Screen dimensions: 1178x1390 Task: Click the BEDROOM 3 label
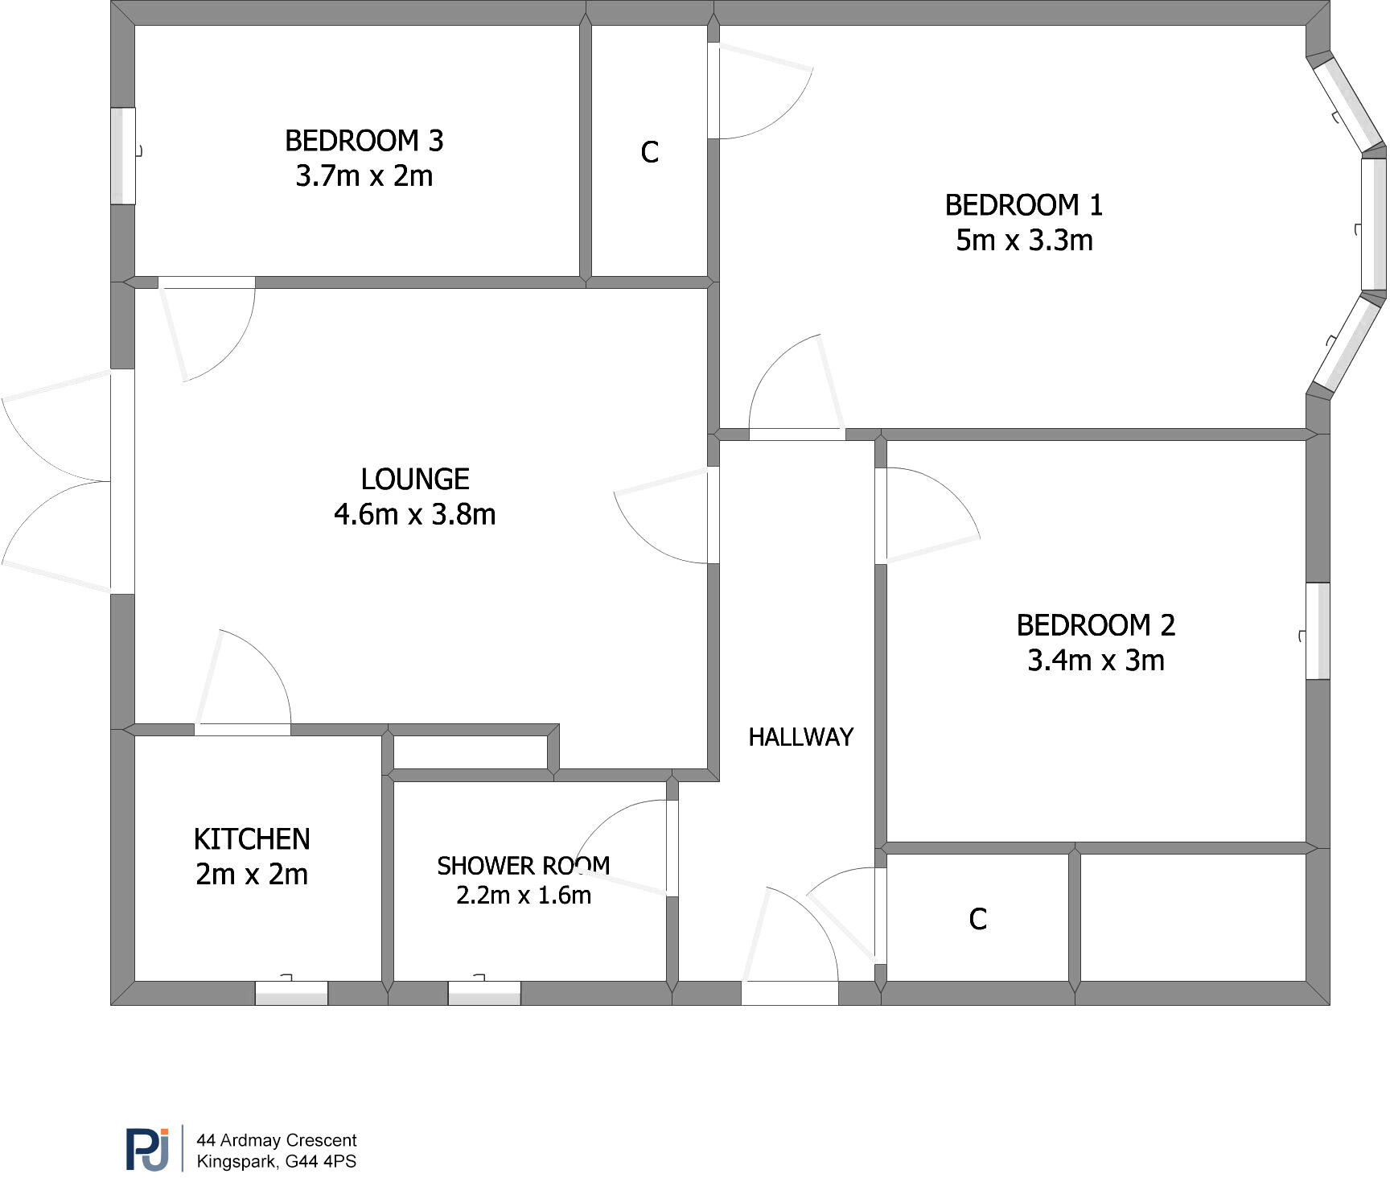pyautogui.click(x=364, y=141)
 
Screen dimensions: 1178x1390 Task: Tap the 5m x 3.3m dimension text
pyautogui.click(x=1023, y=241)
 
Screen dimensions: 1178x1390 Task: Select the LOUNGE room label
pyautogui.click(x=414, y=480)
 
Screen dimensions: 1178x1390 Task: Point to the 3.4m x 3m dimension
pyautogui.click(x=1096, y=661)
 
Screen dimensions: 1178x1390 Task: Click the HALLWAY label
pyautogui.click(x=800, y=737)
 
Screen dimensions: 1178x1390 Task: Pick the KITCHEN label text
pyautogui.click(x=252, y=839)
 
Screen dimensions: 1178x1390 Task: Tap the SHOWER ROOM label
pyautogui.click(x=523, y=866)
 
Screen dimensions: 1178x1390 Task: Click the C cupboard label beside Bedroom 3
pyautogui.click(x=649, y=152)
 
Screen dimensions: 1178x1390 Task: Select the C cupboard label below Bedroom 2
pyautogui.click(x=977, y=919)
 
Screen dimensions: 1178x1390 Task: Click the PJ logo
pyautogui.click(x=147, y=1150)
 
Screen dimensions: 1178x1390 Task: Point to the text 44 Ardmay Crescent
pyautogui.click(x=277, y=1140)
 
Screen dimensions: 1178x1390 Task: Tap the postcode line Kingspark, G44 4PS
pyautogui.click(x=277, y=1162)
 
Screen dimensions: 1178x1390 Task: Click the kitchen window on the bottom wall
pyautogui.click(x=291, y=993)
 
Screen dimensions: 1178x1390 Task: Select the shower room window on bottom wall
pyautogui.click(x=484, y=993)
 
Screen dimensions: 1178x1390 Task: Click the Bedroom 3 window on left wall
pyautogui.click(x=123, y=155)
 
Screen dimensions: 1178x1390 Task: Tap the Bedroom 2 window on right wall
pyautogui.click(x=1317, y=631)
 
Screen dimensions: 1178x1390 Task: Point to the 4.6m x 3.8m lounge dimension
pyautogui.click(x=414, y=514)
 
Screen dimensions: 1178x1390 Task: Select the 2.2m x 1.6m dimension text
pyautogui.click(x=523, y=895)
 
